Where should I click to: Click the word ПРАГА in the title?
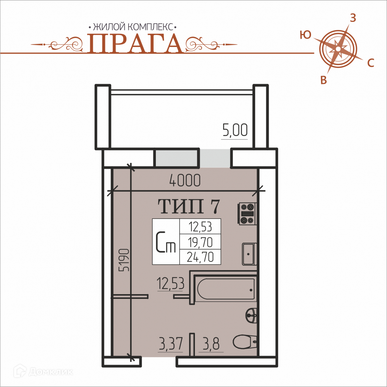click(135, 43)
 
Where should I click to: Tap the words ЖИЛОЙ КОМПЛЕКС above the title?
click(133, 27)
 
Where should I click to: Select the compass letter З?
click(353, 18)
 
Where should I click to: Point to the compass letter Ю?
click(306, 35)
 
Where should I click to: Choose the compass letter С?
click(371, 63)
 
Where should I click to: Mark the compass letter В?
click(324, 80)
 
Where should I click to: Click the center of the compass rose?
click(338, 49)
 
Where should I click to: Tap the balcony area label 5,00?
click(235, 130)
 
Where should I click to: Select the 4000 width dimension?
click(185, 180)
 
